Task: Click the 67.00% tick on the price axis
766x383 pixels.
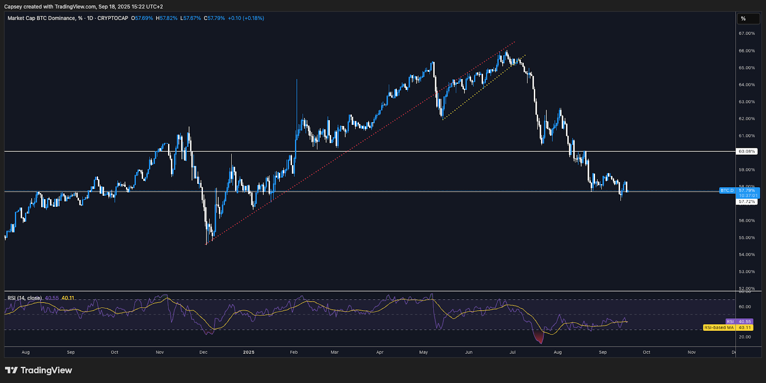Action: pyautogui.click(x=746, y=34)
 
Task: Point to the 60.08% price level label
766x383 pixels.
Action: pyautogui.click(x=746, y=151)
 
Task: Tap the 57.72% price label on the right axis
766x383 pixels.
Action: pyautogui.click(x=746, y=202)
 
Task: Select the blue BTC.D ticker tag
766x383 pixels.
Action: pyautogui.click(x=727, y=191)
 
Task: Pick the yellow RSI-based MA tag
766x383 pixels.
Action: pyautogui.click(x=719, y=327)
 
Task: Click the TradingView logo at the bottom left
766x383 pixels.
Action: pyautogui.click(x=38, y=370)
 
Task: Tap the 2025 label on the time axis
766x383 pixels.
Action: pyautogui.click(x=248, y=352)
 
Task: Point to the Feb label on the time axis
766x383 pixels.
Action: pyautogui.click(x=293, y=352)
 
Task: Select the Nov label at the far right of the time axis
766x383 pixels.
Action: pyautogui.click(x=691, y=352)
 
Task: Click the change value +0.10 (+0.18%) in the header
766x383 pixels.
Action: pyautogui.click(x=246, y=18)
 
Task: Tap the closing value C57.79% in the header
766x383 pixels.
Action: pyautogui.click(x=214, y=18)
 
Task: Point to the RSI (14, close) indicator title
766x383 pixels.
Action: pyautogui.click(x=24, y=298)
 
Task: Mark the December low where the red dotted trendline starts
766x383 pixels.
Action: pyautogui.click(x=206, y=244)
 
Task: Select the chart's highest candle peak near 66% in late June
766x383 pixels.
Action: pyautogui.click(x=506, y=51)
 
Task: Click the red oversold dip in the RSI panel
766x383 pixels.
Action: pyautogui.click(x=541, y=338)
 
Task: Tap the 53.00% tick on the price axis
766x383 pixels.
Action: pyautogui.click(x=746, y=271)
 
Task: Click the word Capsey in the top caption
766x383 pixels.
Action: pyautogui.click(x=13, y=7)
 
